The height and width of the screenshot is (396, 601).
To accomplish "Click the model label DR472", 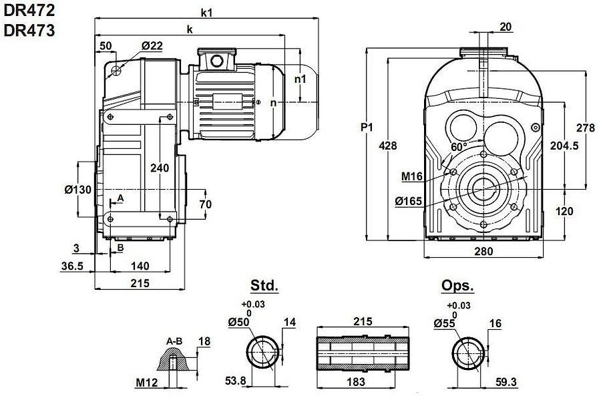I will [29, 11].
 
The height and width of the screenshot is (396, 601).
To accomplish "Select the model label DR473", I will [29, 30].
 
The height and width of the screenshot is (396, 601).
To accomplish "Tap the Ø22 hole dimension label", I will [152, 45].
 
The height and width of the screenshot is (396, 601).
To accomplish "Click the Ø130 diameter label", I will [77, 190].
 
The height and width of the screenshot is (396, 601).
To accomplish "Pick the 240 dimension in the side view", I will [160, 168].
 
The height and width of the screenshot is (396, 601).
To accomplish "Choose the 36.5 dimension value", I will [72, 266].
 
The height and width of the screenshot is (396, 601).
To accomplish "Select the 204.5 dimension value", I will [564, 146].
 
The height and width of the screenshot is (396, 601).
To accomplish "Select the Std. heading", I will [264, 286].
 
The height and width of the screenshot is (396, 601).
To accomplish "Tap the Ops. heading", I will [457, 286].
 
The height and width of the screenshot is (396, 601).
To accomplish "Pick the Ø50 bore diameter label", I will [239, 322].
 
